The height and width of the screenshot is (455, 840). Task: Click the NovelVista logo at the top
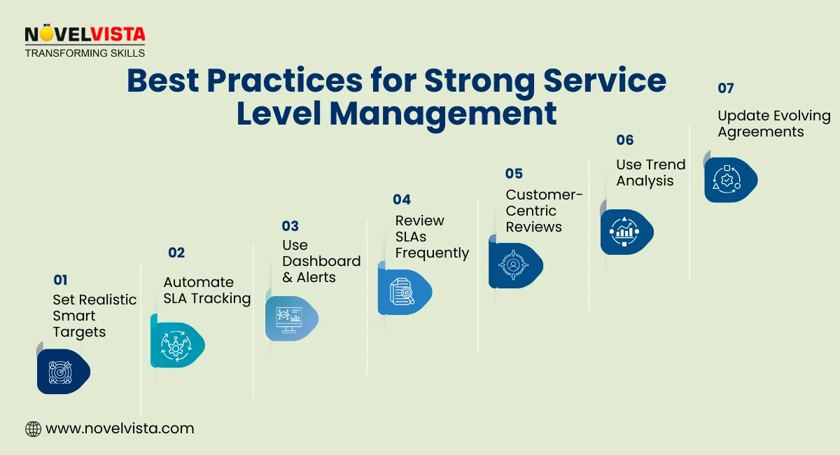pyautogui.click(x=85, y=41)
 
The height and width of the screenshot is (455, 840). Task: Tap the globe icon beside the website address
pyautogui.click(x=33, y=428)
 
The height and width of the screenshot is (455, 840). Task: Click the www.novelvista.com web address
pyautogui.click(x=120, y=428)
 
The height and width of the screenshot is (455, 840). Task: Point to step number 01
pyautogui.click(x=60, y=280)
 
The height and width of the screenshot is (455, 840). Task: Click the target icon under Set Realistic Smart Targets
pyautogui.click(x=61, y=371)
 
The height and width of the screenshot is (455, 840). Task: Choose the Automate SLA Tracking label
pyautogui.click(x=206, y=290)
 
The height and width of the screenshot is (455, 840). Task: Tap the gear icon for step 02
pyautogui.click(x=175, y=345)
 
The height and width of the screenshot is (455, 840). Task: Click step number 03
pyautogui.click(x=290, y=225)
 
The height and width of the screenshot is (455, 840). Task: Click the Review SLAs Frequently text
pyautogui.click(x=431, y=237)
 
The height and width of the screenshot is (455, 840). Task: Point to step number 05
pyautogui.click(x=514, y=174)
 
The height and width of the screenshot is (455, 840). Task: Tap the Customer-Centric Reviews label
pyautogui.click(x=544, y=211)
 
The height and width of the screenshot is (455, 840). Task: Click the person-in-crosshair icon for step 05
pyautogui.click(x=513, y=265)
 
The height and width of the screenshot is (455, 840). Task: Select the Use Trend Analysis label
pyautogui.click(x=650, y=172)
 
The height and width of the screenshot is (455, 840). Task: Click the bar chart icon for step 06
pyautogui.click(x=624, y=232)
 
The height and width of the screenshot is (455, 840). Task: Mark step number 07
pyautogui.click(x=726, y=88)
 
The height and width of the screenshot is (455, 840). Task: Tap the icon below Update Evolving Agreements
pyautogui.click(x=728, y=180)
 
